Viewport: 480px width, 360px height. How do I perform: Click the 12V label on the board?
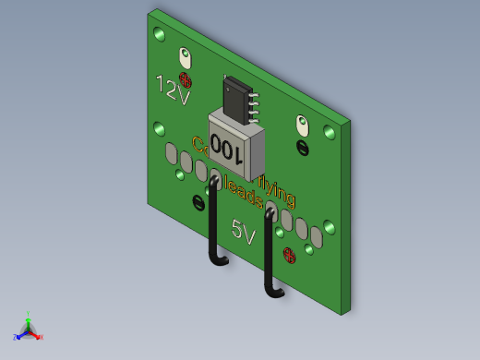[x=173, y=90]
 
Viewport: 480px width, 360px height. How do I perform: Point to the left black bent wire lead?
[x=213, y=226]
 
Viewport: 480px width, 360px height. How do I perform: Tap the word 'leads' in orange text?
[x=246, y=193]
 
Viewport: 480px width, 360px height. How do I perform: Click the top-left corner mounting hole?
[x=160, y=35]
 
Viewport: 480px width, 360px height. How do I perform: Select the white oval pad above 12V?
[x=186, y=57]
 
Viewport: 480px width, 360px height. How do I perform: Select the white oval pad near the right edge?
[x=302, y=124]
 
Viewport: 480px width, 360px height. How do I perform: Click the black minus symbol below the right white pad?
[x=303, y=147]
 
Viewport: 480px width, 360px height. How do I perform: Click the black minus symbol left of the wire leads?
[x=198, y=202]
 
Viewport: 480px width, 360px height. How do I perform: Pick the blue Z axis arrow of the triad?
[x=19, y=334]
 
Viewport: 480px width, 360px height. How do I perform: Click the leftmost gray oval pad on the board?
[x=171, y=152]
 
